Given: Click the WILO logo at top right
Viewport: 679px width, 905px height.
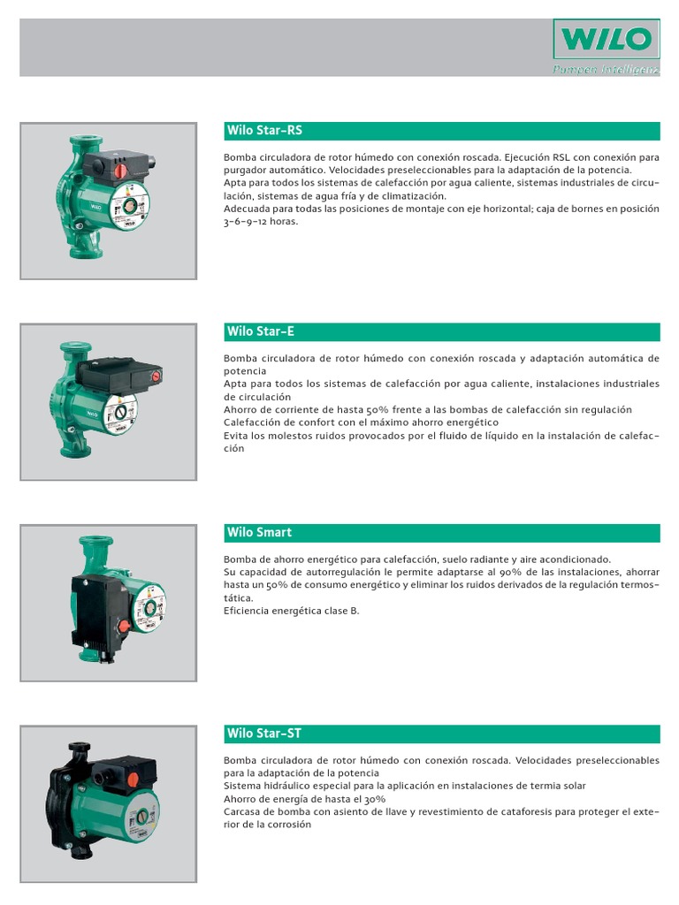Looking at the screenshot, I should tap(607, 40).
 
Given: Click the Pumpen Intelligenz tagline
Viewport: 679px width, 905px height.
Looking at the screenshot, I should tap(607, 69).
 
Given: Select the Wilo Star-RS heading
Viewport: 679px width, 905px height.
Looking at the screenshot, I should tap(264, 131).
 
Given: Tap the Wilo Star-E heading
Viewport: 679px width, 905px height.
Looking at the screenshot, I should tap(261, 331).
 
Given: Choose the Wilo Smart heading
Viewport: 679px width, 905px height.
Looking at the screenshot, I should tap(259, 532).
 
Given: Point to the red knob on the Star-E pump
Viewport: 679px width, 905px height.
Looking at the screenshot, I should tap(156, 376).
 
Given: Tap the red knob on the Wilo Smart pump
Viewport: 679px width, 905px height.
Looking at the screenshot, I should tap(125, 625).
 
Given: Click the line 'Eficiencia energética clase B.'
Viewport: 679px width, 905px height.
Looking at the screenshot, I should tap(292, 611).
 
